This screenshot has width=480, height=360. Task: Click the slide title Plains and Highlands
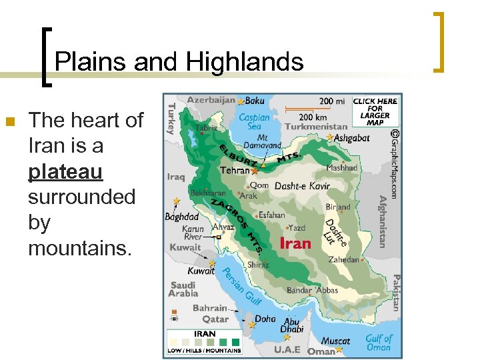179,63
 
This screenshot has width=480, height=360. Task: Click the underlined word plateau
65,171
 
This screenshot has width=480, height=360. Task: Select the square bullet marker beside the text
9,121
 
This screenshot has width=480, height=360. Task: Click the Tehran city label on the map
235,171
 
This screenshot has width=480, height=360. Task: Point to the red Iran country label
295,243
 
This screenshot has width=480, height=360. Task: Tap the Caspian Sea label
254,122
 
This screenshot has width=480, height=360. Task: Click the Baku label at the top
255,101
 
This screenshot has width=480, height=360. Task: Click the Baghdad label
182,217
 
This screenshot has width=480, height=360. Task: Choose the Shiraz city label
257,265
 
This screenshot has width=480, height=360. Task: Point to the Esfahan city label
271,215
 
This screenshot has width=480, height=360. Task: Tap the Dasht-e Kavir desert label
302,186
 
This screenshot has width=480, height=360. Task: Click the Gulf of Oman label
379,343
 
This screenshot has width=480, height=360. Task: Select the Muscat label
336,341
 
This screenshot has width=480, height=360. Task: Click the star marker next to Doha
252,325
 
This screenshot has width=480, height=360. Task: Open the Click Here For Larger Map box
375,111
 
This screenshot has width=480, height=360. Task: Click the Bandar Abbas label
312,290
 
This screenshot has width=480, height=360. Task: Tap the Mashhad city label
342,168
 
